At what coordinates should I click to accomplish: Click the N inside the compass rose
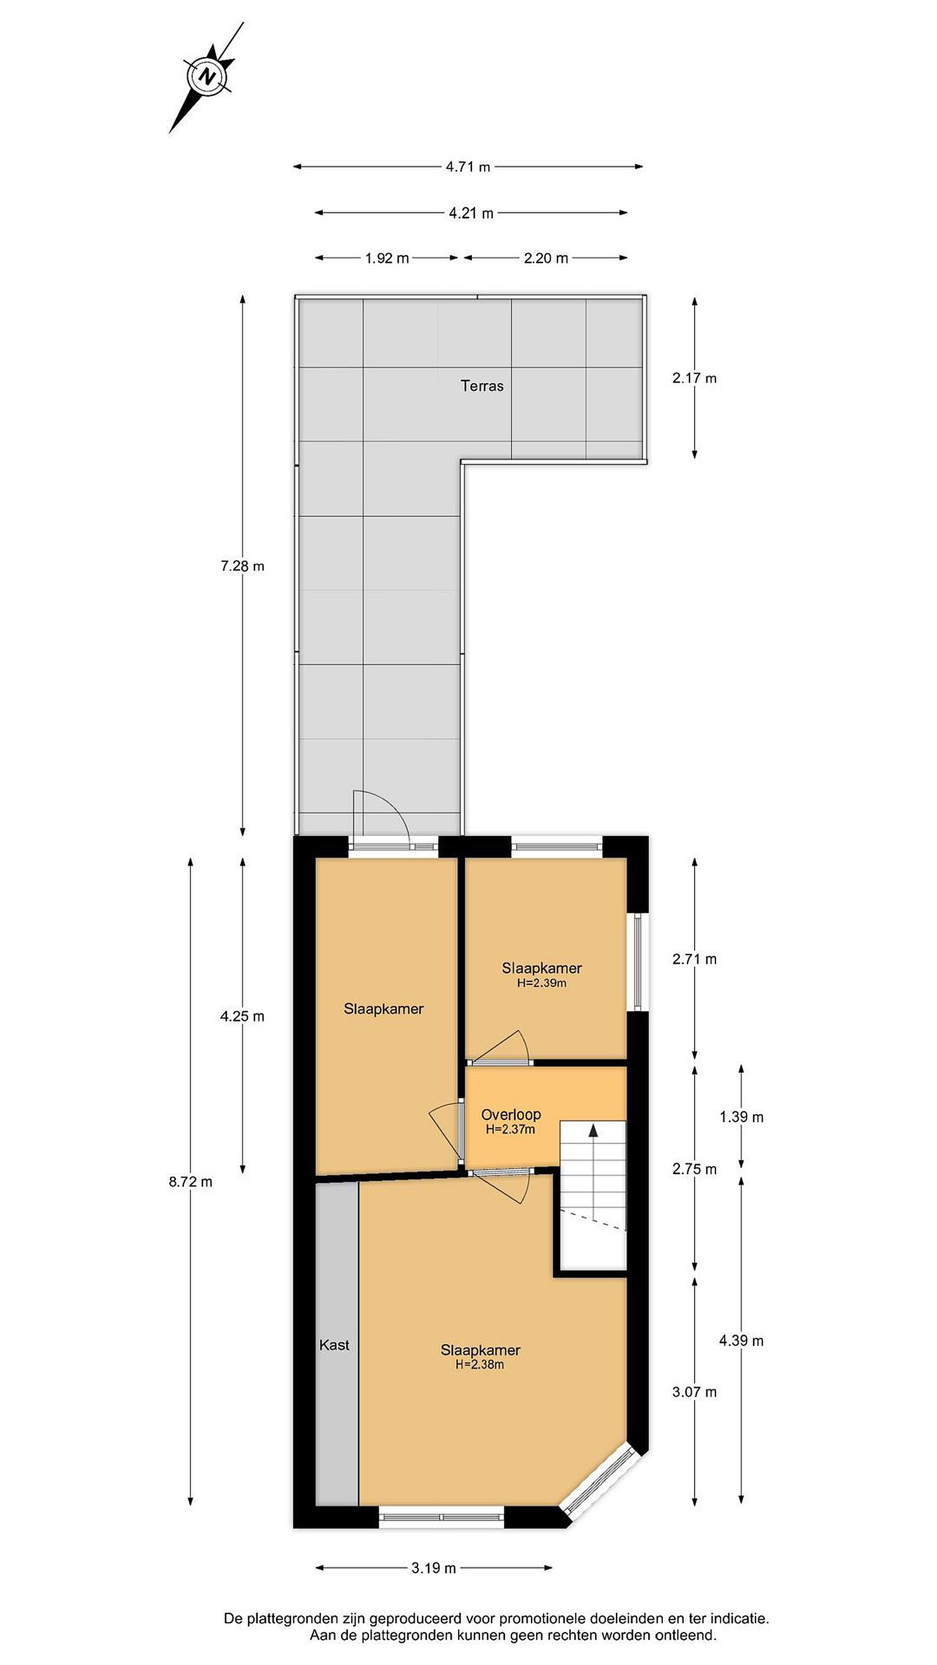coord(207,77)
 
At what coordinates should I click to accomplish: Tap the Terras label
coord(482,386)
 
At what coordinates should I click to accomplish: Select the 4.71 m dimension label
coord(467,166)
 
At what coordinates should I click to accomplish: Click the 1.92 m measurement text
coord(387,258)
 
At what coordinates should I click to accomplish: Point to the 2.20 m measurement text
coord(546,258)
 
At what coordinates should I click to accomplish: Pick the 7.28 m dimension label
coord(242,566)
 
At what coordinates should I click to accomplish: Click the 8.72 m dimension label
coord(190,1182)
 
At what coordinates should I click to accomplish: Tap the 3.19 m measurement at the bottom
coord(433,1582)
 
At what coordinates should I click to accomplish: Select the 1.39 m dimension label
coord(741,1118)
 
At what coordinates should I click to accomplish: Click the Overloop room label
coord(511,1115)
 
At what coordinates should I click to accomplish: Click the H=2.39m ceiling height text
coord(542,983)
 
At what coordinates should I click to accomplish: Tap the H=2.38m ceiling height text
coord(480,1365)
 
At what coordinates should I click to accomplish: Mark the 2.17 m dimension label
coord(695,378)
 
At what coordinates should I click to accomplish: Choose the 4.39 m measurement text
coord(741,1341)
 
